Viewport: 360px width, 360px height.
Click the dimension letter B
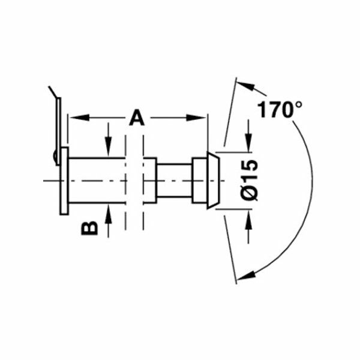(x=89, y=228)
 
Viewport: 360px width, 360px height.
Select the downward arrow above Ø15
(x=247, y=144)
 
